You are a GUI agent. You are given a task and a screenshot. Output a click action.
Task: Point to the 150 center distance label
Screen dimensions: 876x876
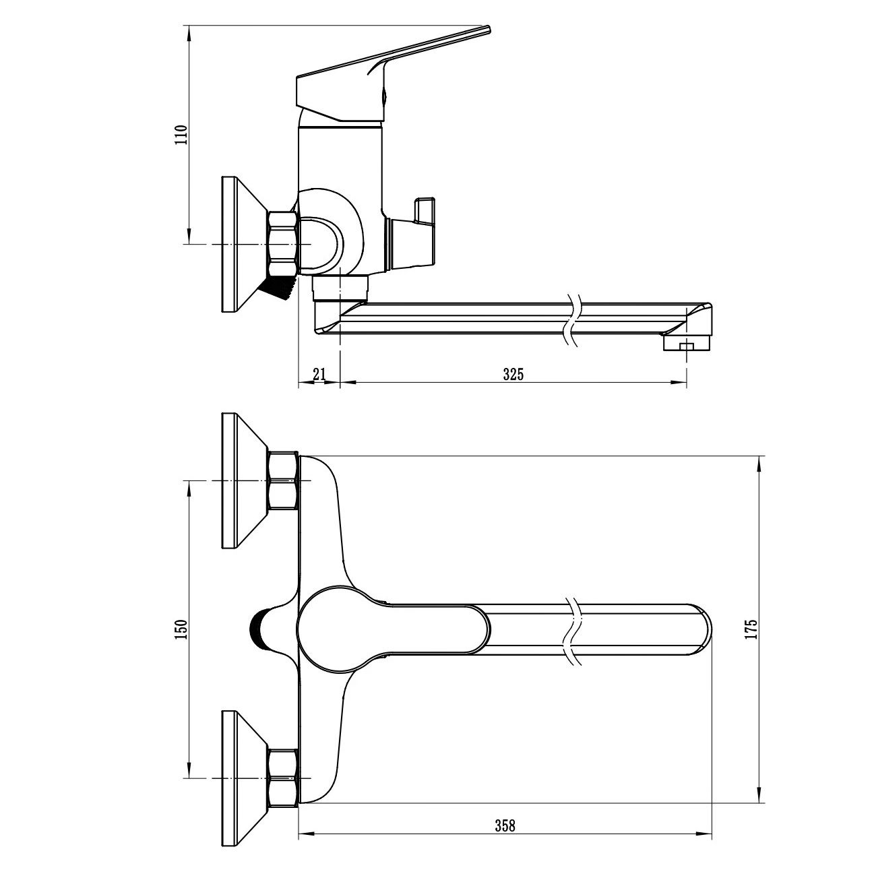point(181,629)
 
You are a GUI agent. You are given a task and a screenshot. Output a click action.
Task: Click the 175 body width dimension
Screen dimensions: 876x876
point(751,629)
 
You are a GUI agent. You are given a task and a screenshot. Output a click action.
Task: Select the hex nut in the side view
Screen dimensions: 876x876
point(284,244)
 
